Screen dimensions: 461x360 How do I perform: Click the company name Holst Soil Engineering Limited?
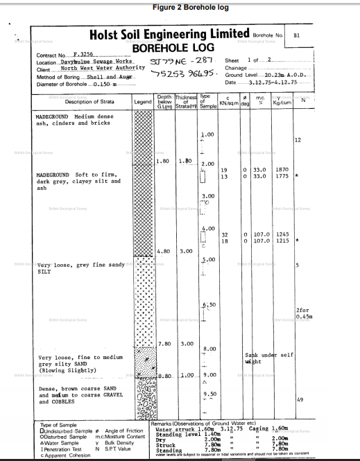point(169,34)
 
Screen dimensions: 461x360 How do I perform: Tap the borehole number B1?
point(297,34)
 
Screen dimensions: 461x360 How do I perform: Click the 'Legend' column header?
point(142,101)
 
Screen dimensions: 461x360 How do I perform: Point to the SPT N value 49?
point(300,400)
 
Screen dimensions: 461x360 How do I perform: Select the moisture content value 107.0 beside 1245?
point(262,234)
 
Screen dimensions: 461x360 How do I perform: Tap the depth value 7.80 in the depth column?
point(164,343)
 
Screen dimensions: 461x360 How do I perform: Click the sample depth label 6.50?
point(208,305)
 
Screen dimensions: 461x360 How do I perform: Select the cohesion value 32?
point(225,234)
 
